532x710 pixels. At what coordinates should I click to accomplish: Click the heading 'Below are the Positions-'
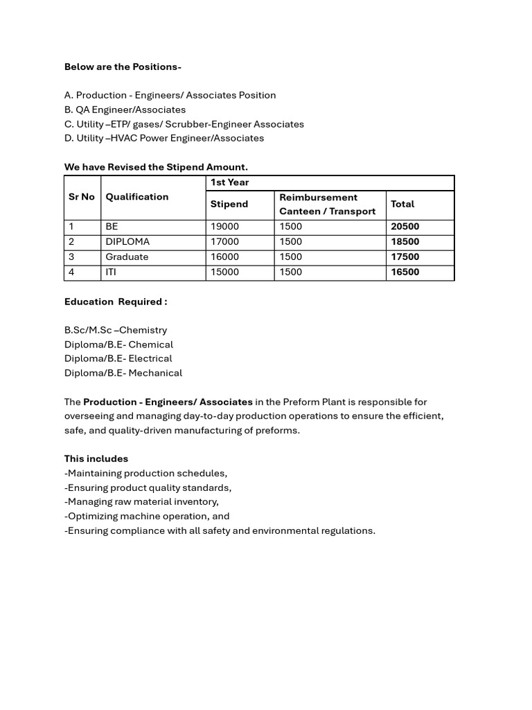123,67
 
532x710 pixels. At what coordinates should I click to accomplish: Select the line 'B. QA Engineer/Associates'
125,110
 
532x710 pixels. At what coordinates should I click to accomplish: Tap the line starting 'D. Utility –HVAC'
164,138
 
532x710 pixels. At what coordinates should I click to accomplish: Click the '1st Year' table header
229,182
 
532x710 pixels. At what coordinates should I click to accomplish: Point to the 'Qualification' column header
137,197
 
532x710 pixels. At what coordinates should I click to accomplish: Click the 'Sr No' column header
82,197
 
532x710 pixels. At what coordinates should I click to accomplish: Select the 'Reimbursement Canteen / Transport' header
327,205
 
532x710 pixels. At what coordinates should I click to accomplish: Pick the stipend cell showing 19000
224,227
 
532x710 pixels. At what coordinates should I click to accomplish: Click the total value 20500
405,227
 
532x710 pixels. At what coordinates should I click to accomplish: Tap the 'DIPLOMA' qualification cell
127,242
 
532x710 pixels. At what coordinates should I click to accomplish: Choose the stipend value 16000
224,257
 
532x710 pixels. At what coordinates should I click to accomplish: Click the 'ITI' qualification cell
111,272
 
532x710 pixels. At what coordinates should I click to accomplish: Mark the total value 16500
405,272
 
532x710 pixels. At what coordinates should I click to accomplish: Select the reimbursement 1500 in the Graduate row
291,257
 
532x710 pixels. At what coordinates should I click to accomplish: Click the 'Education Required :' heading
116,302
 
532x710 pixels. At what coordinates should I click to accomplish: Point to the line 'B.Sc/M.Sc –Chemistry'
116,330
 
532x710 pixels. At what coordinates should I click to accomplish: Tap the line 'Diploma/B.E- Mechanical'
123,373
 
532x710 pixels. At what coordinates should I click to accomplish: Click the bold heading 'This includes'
96,459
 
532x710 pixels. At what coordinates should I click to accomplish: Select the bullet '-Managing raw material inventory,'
141,501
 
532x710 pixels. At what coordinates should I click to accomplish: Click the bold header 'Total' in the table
402,205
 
